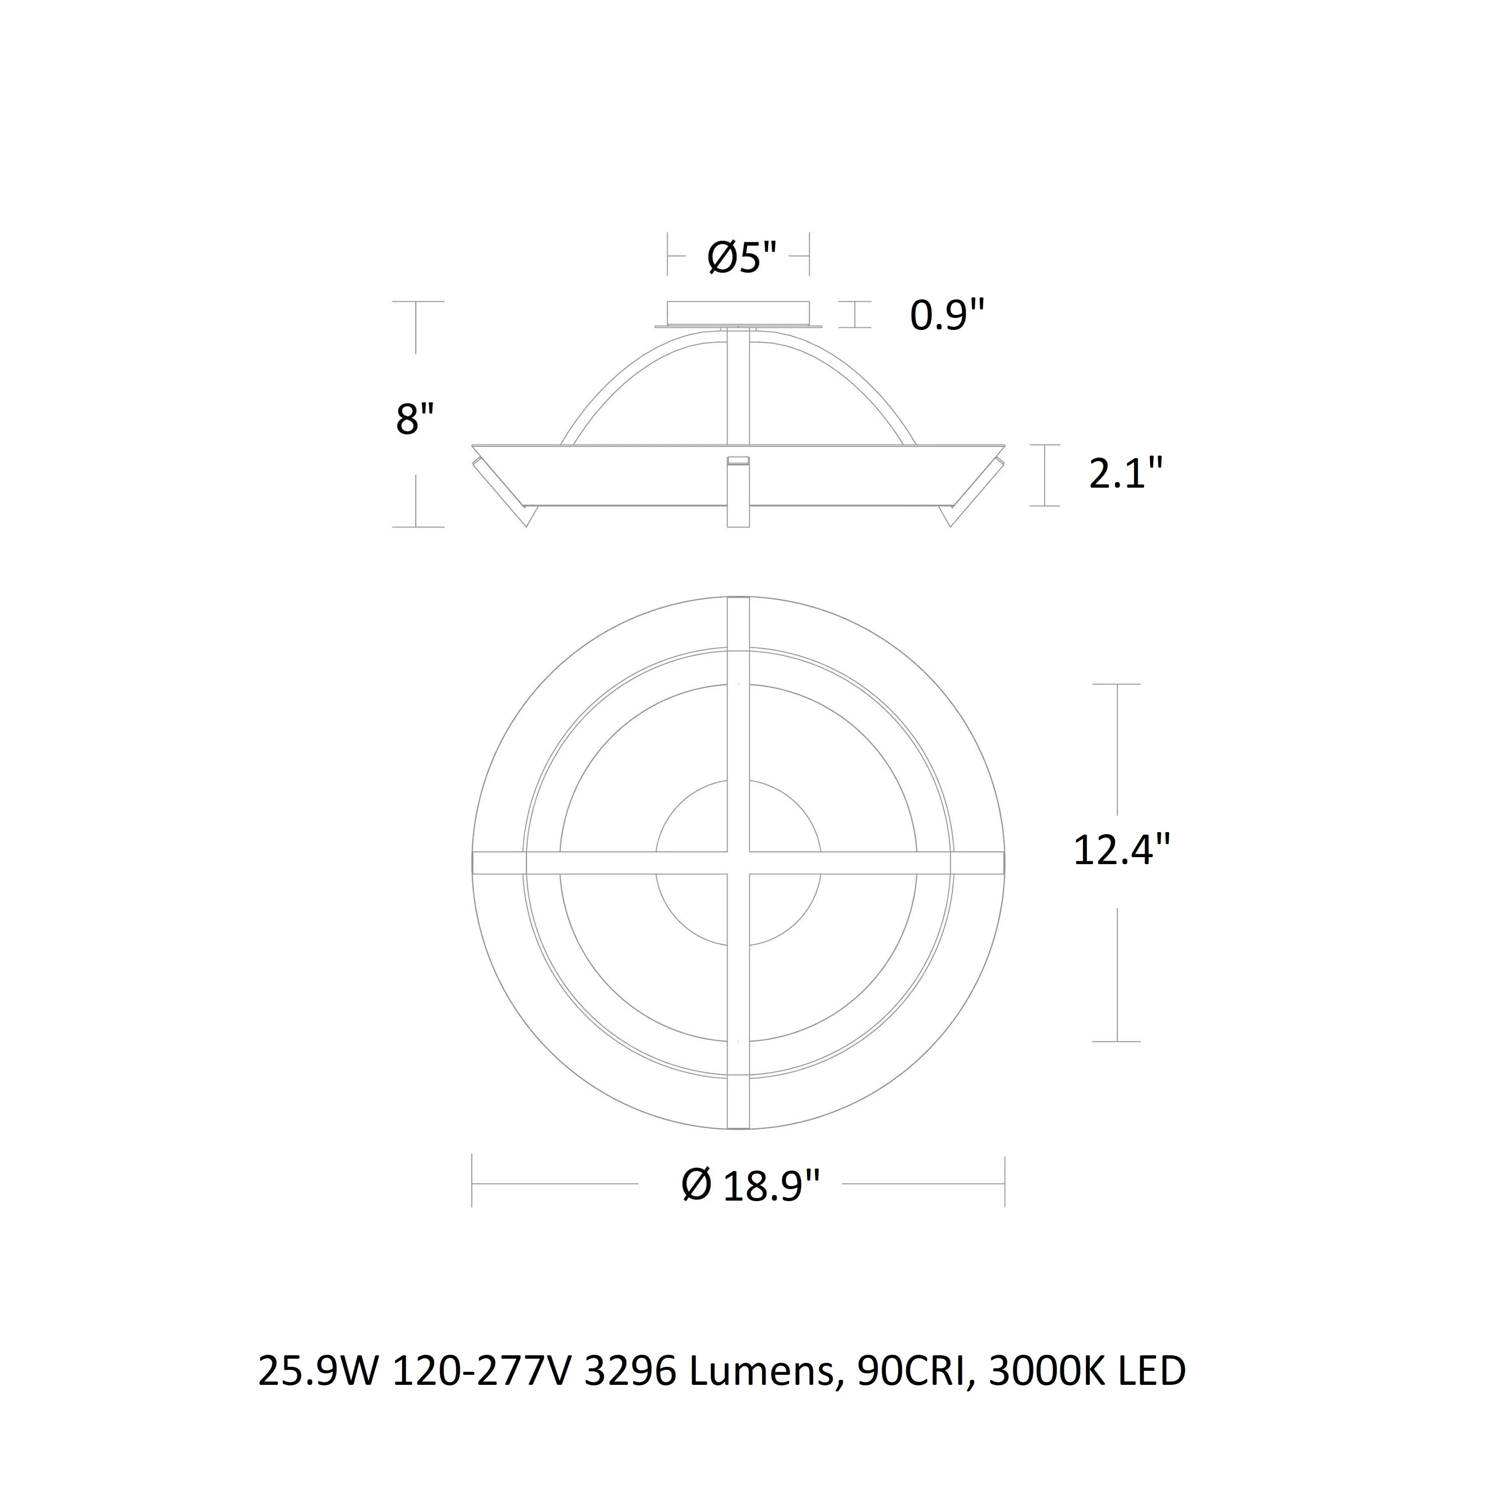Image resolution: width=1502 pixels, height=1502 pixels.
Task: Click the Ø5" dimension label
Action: tap(741, 257)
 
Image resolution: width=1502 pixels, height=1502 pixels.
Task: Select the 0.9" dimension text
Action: tap(947, 315)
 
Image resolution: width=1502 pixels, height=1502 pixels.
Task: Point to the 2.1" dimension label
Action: tap(1125, 474)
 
